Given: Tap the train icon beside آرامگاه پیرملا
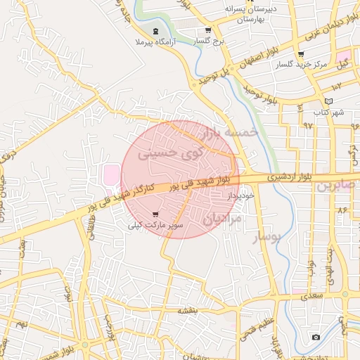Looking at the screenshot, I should (x=155, y=31).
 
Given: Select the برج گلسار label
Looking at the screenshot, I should (x=209, y=41).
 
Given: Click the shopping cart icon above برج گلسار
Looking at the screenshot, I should (x=208, y=30).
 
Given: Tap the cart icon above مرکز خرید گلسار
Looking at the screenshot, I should (x=301, y=54).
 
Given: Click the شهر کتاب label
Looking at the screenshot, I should (x=329, y=112).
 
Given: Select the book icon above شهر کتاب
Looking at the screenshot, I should (x=329, y=101).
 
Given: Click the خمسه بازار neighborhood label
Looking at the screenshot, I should (x=228, y=132).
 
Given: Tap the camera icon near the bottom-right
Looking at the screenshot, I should (x=316, y=337).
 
